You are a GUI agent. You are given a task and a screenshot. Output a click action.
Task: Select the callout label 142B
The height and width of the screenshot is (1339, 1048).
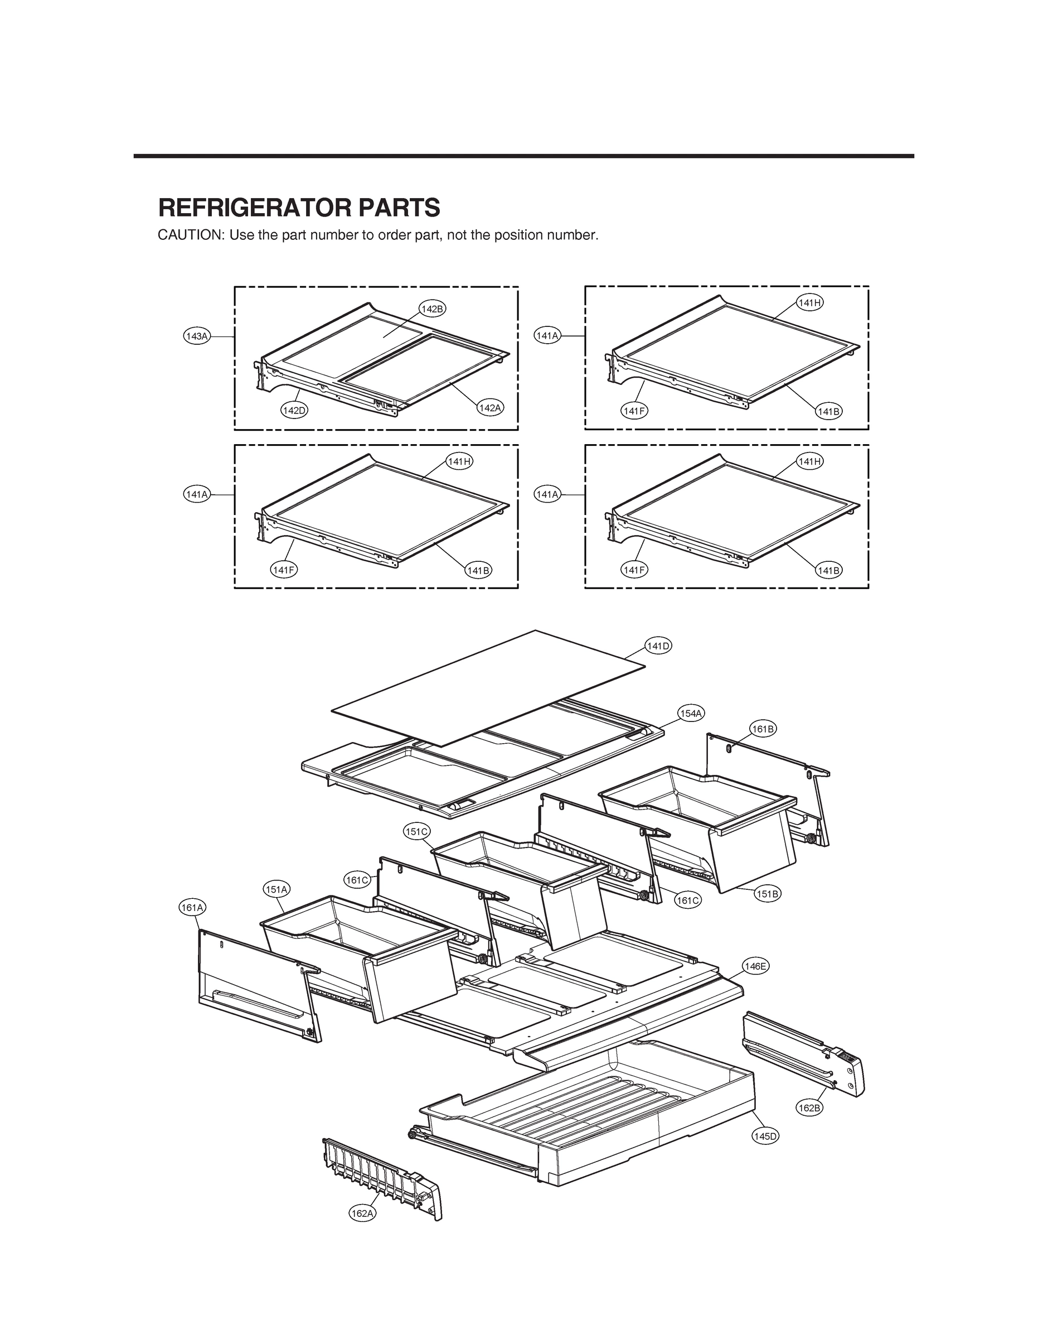coord(432,309)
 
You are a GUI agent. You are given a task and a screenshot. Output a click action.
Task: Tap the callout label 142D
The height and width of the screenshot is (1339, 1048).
coord(294,411)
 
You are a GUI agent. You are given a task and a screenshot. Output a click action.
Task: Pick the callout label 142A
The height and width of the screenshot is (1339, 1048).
coord(489,408)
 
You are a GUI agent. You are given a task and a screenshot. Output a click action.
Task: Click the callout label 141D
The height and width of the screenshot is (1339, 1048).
coord(658,646)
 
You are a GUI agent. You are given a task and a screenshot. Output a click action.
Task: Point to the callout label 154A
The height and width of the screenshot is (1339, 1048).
coord(691,713)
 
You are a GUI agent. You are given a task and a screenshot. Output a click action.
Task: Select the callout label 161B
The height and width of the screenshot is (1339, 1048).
coord(763,729)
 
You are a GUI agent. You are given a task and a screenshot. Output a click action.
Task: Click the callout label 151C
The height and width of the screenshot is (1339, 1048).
coord(416,832)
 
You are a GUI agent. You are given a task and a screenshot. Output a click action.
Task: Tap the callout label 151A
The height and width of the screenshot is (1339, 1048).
coord(276,889)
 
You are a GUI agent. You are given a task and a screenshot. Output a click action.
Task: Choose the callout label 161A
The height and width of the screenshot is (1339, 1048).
coord(193,907)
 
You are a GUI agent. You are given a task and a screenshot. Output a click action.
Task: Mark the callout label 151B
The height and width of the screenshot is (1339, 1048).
coord(767,894)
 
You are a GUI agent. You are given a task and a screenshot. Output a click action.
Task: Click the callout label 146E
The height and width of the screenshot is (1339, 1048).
coord(755,966)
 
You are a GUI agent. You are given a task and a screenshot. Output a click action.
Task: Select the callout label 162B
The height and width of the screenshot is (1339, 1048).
coord(809,1108)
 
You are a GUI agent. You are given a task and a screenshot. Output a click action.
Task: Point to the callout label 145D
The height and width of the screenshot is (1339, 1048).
coord(765,1136)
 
